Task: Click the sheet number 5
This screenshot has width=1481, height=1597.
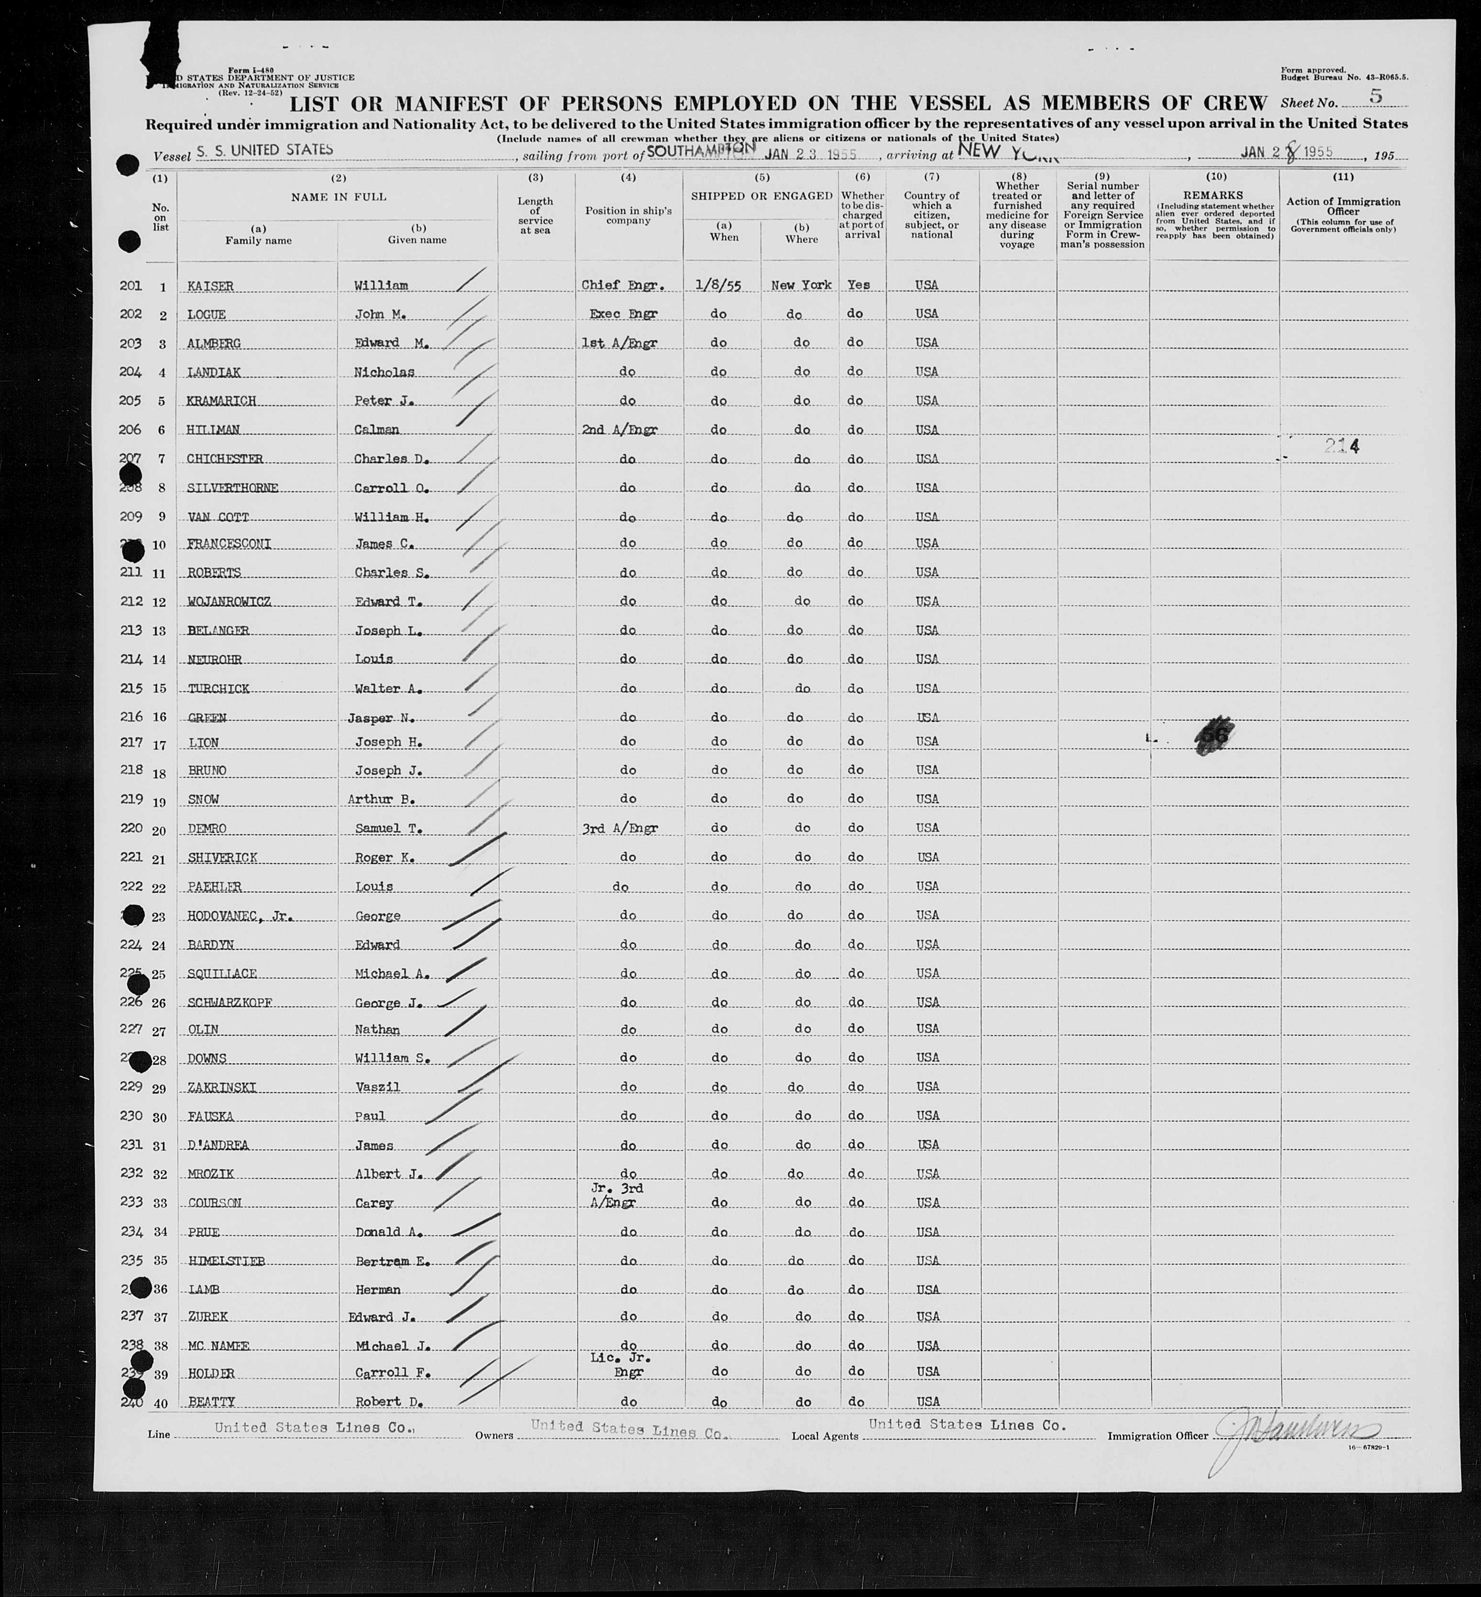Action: click(x=1376, y=96)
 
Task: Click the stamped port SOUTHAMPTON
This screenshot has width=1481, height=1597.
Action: click(x=701, y=150)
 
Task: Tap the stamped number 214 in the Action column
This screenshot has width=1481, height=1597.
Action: click(x=1342, y=447)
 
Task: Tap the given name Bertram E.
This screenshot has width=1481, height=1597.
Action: click(x=393, y=1261)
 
